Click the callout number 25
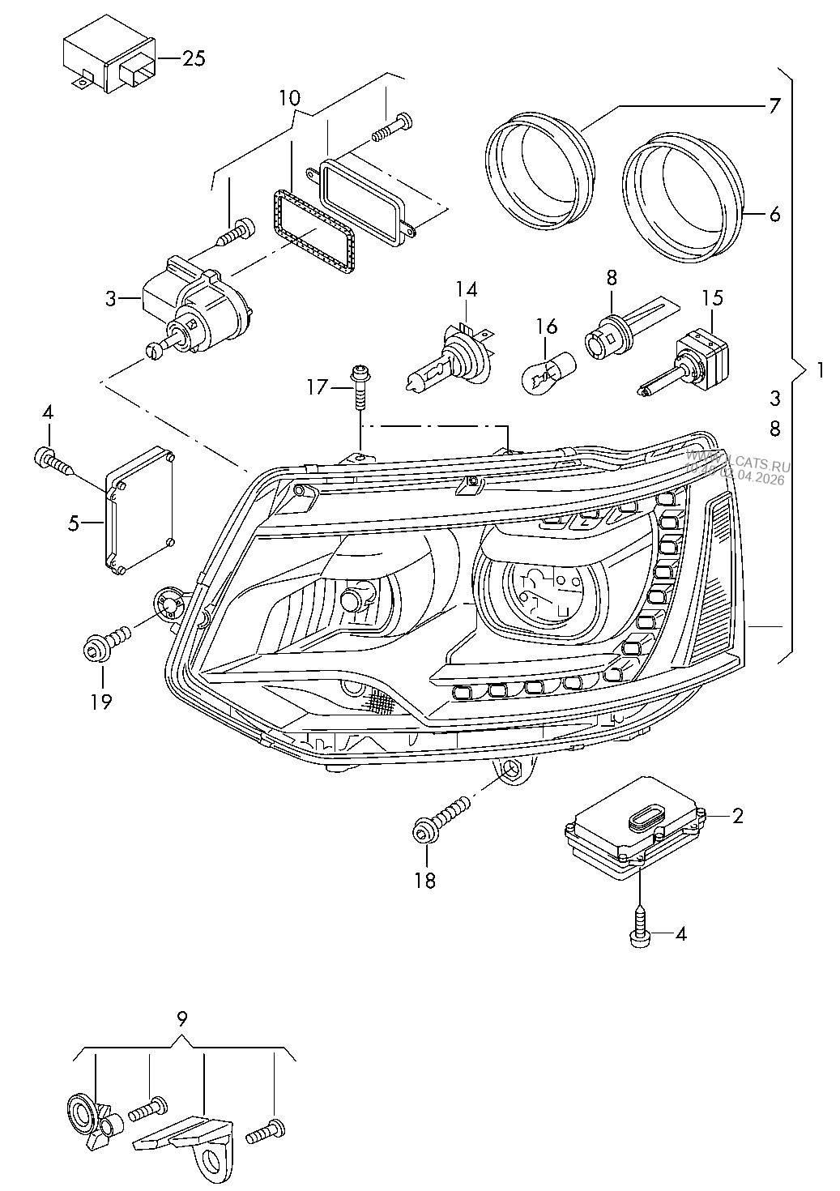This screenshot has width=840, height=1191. coord(194,58)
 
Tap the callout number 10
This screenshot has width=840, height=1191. coord(289,98)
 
